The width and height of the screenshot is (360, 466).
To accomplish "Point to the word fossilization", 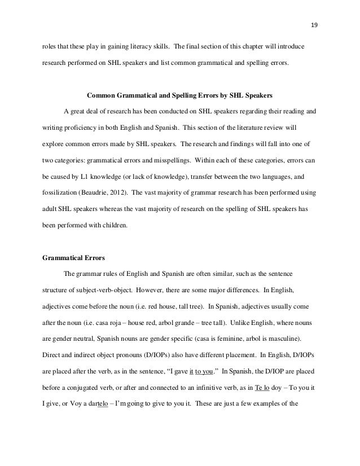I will (57, 193).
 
